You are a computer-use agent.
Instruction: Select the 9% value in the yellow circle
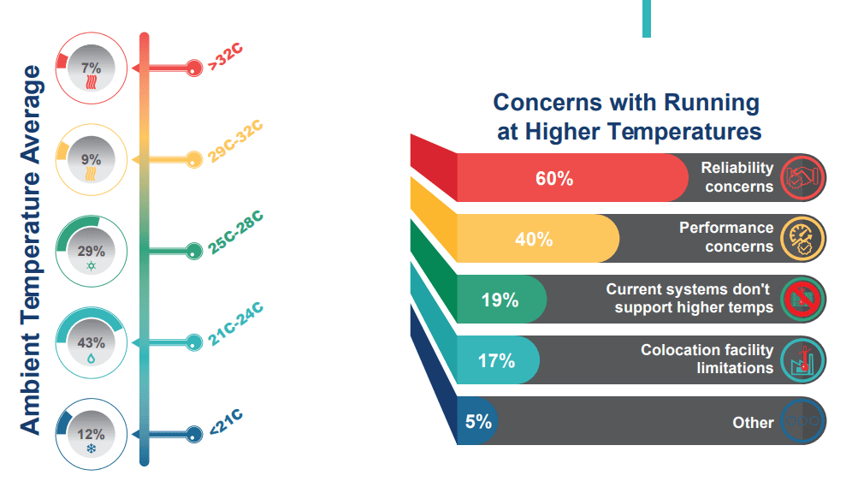pyautogui.click(x=92, y=159)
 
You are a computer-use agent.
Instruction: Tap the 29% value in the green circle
pyautogui.click(x=92, y=252)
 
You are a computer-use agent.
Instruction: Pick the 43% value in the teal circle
pyautogui.click(x=92, y=343)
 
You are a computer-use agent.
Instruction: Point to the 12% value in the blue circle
pyautogui.click(x=92, y=434)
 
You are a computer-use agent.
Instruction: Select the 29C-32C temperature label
pyautogui.click(x=235, y=143)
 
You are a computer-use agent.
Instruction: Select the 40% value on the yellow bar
pyautogui.click(x=534, y=240)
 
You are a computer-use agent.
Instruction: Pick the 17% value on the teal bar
pyautogui.click(x=496, y=360)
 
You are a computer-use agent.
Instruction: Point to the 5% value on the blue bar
pyautogui.click(x=478, y=421)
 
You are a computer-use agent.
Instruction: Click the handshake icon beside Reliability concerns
pyautogui.click(x=802, y=177)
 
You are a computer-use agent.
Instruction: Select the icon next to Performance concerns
pyautogui.click(x=802, y=238)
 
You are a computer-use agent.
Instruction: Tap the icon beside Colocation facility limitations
pyautogui.click(x=802, y=359)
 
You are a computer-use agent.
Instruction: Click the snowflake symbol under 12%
pyautogui.click(x=92, y=448)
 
